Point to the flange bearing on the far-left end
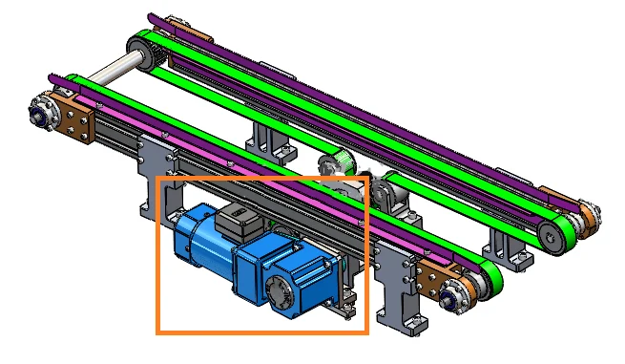[43, 110]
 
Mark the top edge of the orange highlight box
[262, 178]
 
